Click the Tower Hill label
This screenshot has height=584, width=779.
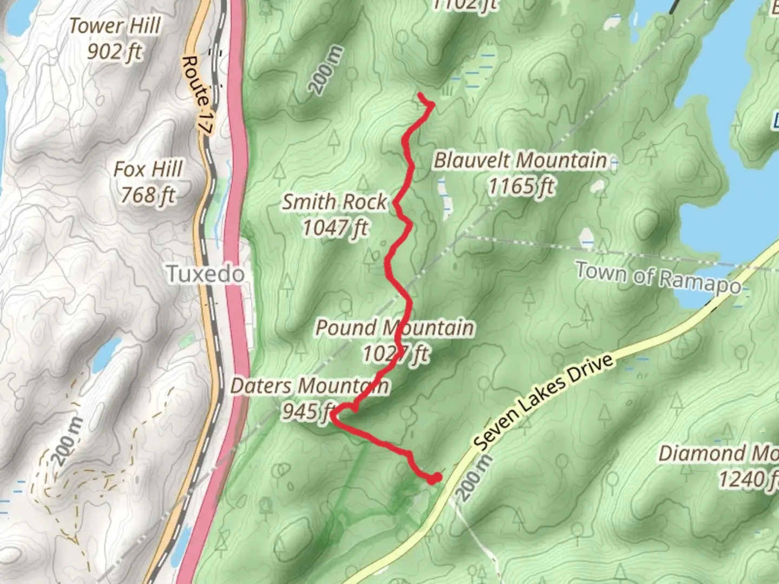tap(115, 25)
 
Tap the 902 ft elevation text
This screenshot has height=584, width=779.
tap(115, 52)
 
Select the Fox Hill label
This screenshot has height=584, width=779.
tap(148, 169)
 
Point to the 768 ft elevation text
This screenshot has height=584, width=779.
tap(148, 195)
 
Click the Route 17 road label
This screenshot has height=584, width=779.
tap(196, 95)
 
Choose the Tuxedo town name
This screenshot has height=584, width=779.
tap(205, 274)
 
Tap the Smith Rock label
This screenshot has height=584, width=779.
tap(334, 202)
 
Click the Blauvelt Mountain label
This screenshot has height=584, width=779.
tap(520, 160)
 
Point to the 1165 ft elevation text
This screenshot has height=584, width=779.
tap(521, 187)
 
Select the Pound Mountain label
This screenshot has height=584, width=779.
tap(395, 328)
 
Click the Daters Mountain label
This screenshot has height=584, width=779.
tap(309, 386)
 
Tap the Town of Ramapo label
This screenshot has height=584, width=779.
tap(658, 277)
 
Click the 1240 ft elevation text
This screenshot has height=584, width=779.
tap(748, 479)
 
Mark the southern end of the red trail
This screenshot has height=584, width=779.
tap(434, 478)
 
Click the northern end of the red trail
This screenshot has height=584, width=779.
tap(420, 95)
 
